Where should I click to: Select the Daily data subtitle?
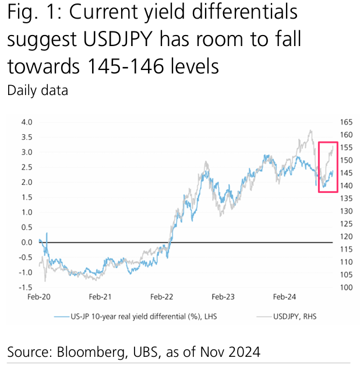click(x=37, y=90)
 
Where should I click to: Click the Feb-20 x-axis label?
click(x=40, y=297)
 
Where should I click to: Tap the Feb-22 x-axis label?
click(x=161, y=297)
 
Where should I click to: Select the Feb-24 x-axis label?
click(x=284, y=297)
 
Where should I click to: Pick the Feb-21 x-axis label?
click(x=100, y=297)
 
